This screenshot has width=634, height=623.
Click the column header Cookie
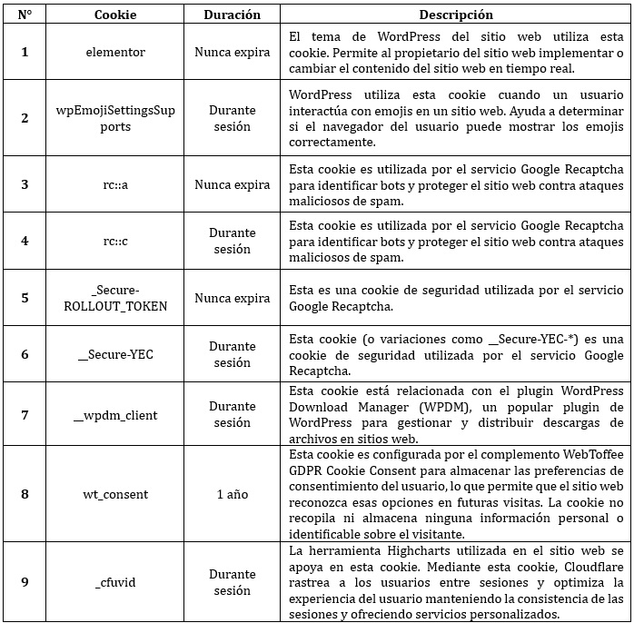114,15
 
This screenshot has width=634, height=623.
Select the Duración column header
232,15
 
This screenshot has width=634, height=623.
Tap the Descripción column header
456,15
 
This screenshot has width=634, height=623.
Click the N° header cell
25,15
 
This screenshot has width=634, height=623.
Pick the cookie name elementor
114,52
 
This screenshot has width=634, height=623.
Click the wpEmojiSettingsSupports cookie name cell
114,118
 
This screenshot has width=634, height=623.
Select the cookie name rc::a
114,184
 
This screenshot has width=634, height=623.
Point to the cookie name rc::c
114,241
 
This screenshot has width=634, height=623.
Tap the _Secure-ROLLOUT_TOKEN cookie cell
114,298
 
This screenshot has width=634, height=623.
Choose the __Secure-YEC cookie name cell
114,355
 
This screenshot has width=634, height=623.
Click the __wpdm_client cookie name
114,415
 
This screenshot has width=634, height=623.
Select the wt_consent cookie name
114,494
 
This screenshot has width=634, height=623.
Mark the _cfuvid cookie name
114,582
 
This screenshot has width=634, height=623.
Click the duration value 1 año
232,494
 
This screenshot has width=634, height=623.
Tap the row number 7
25,415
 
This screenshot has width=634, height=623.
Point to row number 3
25,184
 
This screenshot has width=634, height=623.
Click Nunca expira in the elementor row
232,52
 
